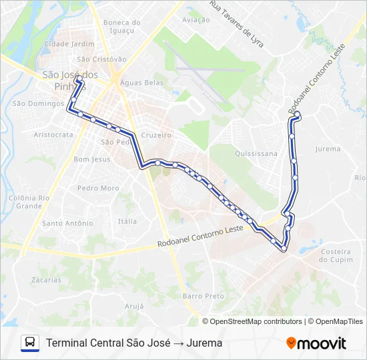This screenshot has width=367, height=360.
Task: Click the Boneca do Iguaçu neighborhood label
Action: [122, 26]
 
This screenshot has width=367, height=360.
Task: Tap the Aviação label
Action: [196, 20]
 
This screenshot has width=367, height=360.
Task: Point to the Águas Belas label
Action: [141, 82]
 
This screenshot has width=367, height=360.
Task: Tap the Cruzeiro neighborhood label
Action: [157, 135]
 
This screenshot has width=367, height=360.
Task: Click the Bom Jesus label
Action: [91, 159]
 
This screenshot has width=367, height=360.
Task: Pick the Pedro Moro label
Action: [98, 188]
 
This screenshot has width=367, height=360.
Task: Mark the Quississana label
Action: [256, 153]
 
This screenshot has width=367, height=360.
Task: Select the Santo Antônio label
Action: [67, 223]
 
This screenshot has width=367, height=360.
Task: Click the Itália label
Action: [127, 221]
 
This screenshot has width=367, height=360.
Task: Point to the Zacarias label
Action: [46, 280]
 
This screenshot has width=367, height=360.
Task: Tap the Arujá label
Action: [134, 306]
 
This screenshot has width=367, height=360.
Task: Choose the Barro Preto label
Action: [203, 295]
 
